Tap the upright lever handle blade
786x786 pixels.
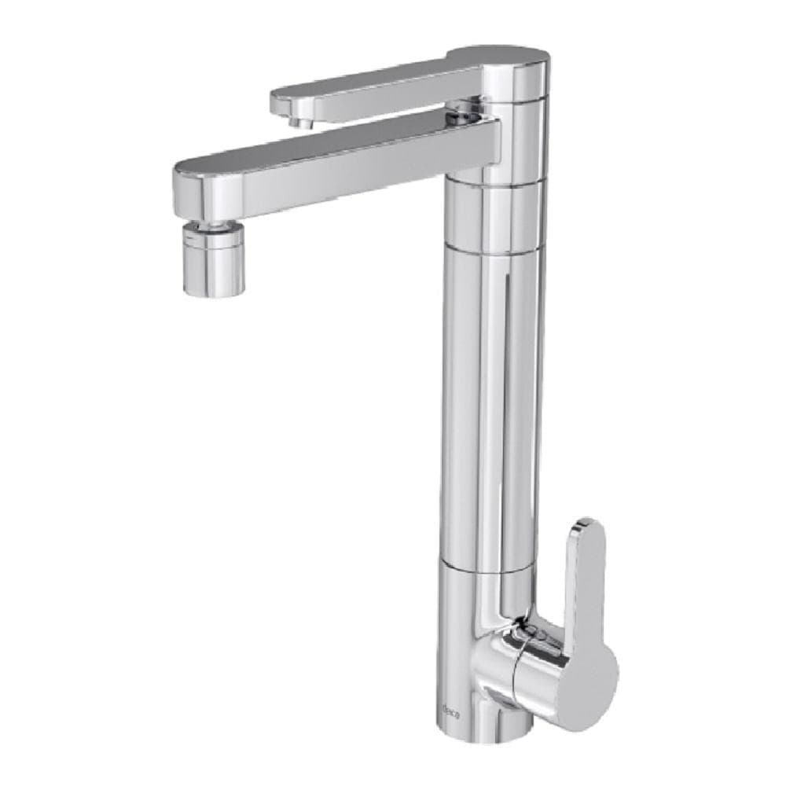[586, 582]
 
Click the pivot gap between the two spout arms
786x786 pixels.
[464, 116]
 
